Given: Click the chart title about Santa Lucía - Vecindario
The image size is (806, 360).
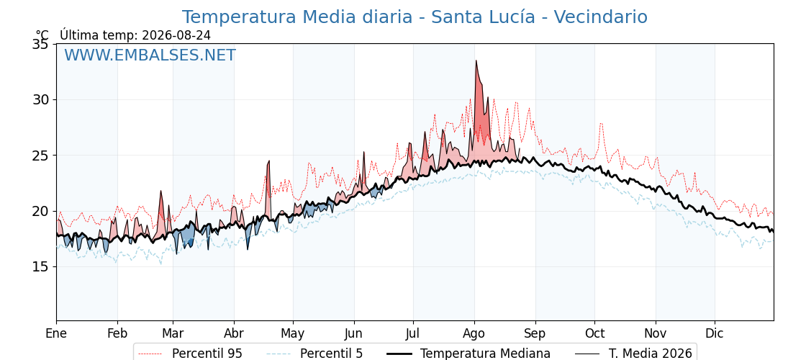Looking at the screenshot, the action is [415, 17].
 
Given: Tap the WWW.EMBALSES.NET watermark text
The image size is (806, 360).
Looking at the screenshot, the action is [150, 55].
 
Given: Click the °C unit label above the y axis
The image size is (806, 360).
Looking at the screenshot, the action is [42, 35].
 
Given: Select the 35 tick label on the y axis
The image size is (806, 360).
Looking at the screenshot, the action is [40, 44].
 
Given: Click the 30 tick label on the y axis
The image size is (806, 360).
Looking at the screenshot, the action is [40, 100].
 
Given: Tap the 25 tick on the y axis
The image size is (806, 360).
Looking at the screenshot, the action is [40, 156].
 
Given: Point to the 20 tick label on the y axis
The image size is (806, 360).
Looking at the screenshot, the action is [40, 211].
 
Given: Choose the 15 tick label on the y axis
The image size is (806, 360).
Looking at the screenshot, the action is [40, 266].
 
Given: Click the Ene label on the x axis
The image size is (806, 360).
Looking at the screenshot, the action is [56, 333].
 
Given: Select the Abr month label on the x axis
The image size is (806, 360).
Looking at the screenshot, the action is [234, 333].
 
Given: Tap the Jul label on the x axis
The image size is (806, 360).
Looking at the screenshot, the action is [413, 333].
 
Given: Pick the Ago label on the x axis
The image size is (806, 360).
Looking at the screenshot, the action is [474, 334].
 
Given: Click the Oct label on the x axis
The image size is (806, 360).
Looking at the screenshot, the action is [594, 333].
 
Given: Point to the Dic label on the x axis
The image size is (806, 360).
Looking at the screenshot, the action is [715, 333].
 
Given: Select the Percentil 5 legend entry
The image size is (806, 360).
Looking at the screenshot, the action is [315, 354].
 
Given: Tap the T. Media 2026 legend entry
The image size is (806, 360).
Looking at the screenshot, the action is [634, 354].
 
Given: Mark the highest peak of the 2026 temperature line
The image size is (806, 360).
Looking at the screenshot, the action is [476, 60].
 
